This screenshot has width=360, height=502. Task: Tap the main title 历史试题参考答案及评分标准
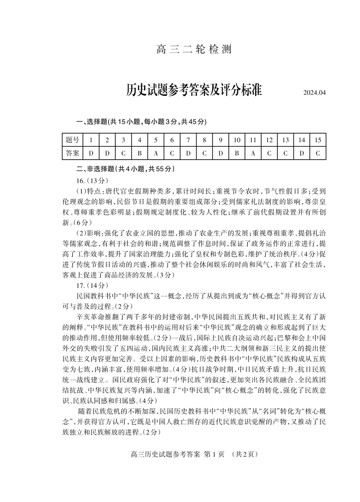click(x=194, y=91)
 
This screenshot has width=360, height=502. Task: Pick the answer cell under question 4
click(x=140, y=153)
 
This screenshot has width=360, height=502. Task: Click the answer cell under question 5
click(x=156, y=153)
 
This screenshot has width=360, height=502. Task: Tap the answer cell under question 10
click(x=237, y=153)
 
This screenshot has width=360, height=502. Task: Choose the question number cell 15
click(x=318, y=140)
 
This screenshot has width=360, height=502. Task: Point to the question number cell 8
click(x=204, y=140)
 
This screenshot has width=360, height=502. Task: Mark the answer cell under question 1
click(x=91, y=153)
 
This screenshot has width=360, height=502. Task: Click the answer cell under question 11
click(x=253, y=153)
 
